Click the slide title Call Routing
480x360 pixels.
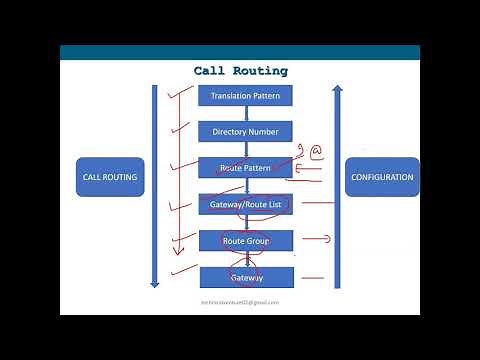pos(240,71)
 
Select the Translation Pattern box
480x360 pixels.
pos(245,96)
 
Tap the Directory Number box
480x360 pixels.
pos(245,131)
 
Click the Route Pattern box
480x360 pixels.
pos(245,167)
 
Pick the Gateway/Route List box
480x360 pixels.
pos(245,204)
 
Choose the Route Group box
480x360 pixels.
pos(245,240)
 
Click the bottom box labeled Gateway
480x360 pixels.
pos(245,277)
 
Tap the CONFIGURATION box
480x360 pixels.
pos(382,177)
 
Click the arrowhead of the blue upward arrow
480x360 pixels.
pos(337,90)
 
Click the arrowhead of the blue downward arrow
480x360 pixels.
pos(154,283)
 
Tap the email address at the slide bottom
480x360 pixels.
pos(240,301)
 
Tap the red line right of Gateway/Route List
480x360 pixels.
pos(318,203)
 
